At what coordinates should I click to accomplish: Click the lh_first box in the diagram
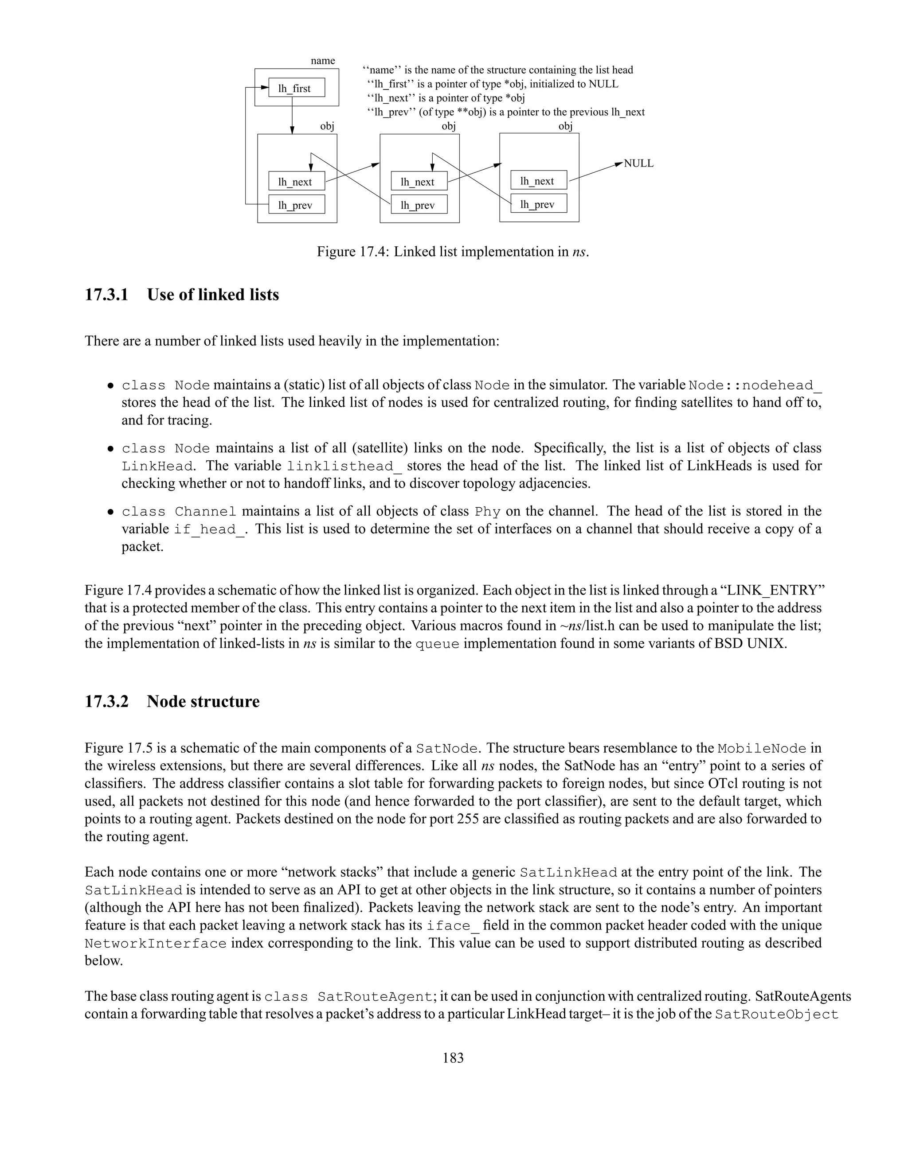[297, 88]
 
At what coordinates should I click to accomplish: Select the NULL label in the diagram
[638, 163]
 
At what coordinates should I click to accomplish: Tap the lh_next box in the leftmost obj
[297, 182]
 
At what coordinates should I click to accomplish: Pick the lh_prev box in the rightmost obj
[538, 204]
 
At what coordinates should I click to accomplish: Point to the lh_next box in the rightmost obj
[538, 181]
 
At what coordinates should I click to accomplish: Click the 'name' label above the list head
[323, 61]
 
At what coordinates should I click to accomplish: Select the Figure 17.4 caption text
[453, 252]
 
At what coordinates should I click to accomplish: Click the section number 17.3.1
[106, 295]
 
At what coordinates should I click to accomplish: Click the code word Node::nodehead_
[755, 385]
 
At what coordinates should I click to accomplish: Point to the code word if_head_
[209, 529]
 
